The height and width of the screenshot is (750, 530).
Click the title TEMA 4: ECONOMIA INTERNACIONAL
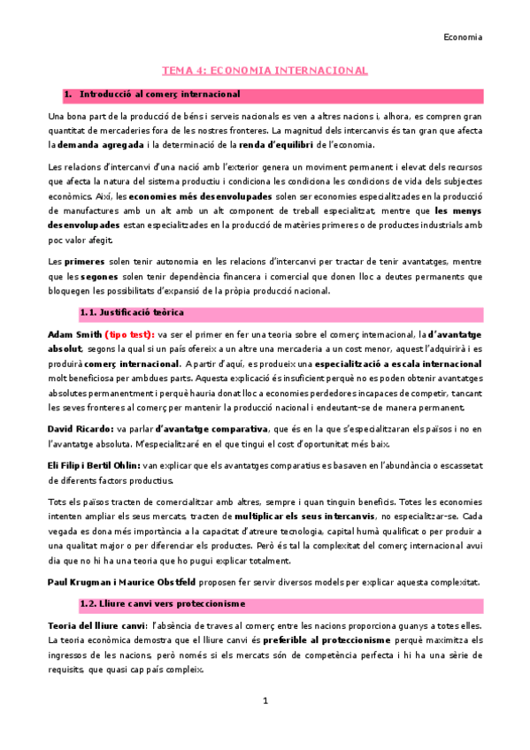click(265, 70)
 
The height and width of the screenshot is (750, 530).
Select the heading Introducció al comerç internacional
click(159, 94)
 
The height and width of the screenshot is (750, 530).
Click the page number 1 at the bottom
click(265, 701)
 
